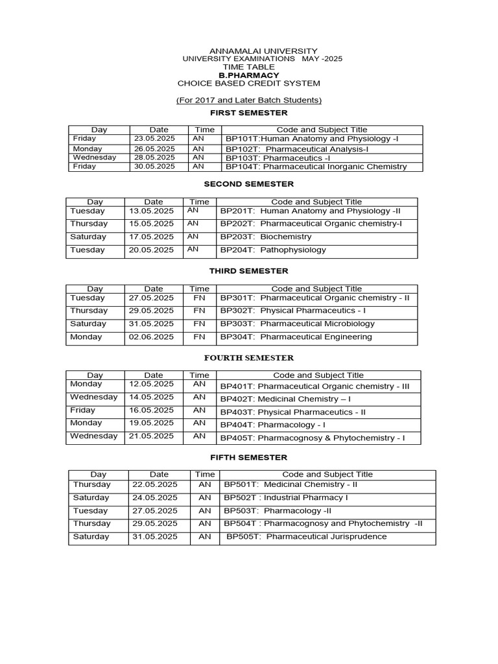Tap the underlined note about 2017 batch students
(x=249, y=100)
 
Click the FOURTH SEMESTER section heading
(x=249, y=358)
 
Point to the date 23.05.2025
(x=154, y=139)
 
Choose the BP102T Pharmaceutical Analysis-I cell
(x=297, y=148)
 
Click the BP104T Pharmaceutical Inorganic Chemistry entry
(x=316, y=167)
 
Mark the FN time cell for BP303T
(x=199, y=324)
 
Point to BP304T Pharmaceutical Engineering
(x=296, y=337)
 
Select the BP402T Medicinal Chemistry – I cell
(x=285, y=399)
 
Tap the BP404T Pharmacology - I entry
(x=273, y=425)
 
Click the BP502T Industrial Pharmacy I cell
(x=286, y=498)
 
